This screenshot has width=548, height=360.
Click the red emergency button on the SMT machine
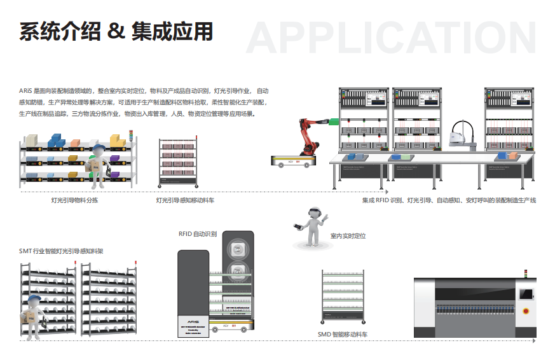tap(525, 310)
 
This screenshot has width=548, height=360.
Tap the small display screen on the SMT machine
tap(526, 293)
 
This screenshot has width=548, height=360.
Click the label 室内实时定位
tap(348, 236)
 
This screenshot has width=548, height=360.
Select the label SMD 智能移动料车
tap(343, 333)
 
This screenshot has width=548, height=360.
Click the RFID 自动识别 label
tap(198, 234)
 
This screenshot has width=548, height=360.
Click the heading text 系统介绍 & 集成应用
tap(116, 31)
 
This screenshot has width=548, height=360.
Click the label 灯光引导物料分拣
tap(74, 200)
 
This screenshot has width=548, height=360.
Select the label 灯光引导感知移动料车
tap(185, 200)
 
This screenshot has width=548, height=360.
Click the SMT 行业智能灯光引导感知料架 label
tap(61, 251)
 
